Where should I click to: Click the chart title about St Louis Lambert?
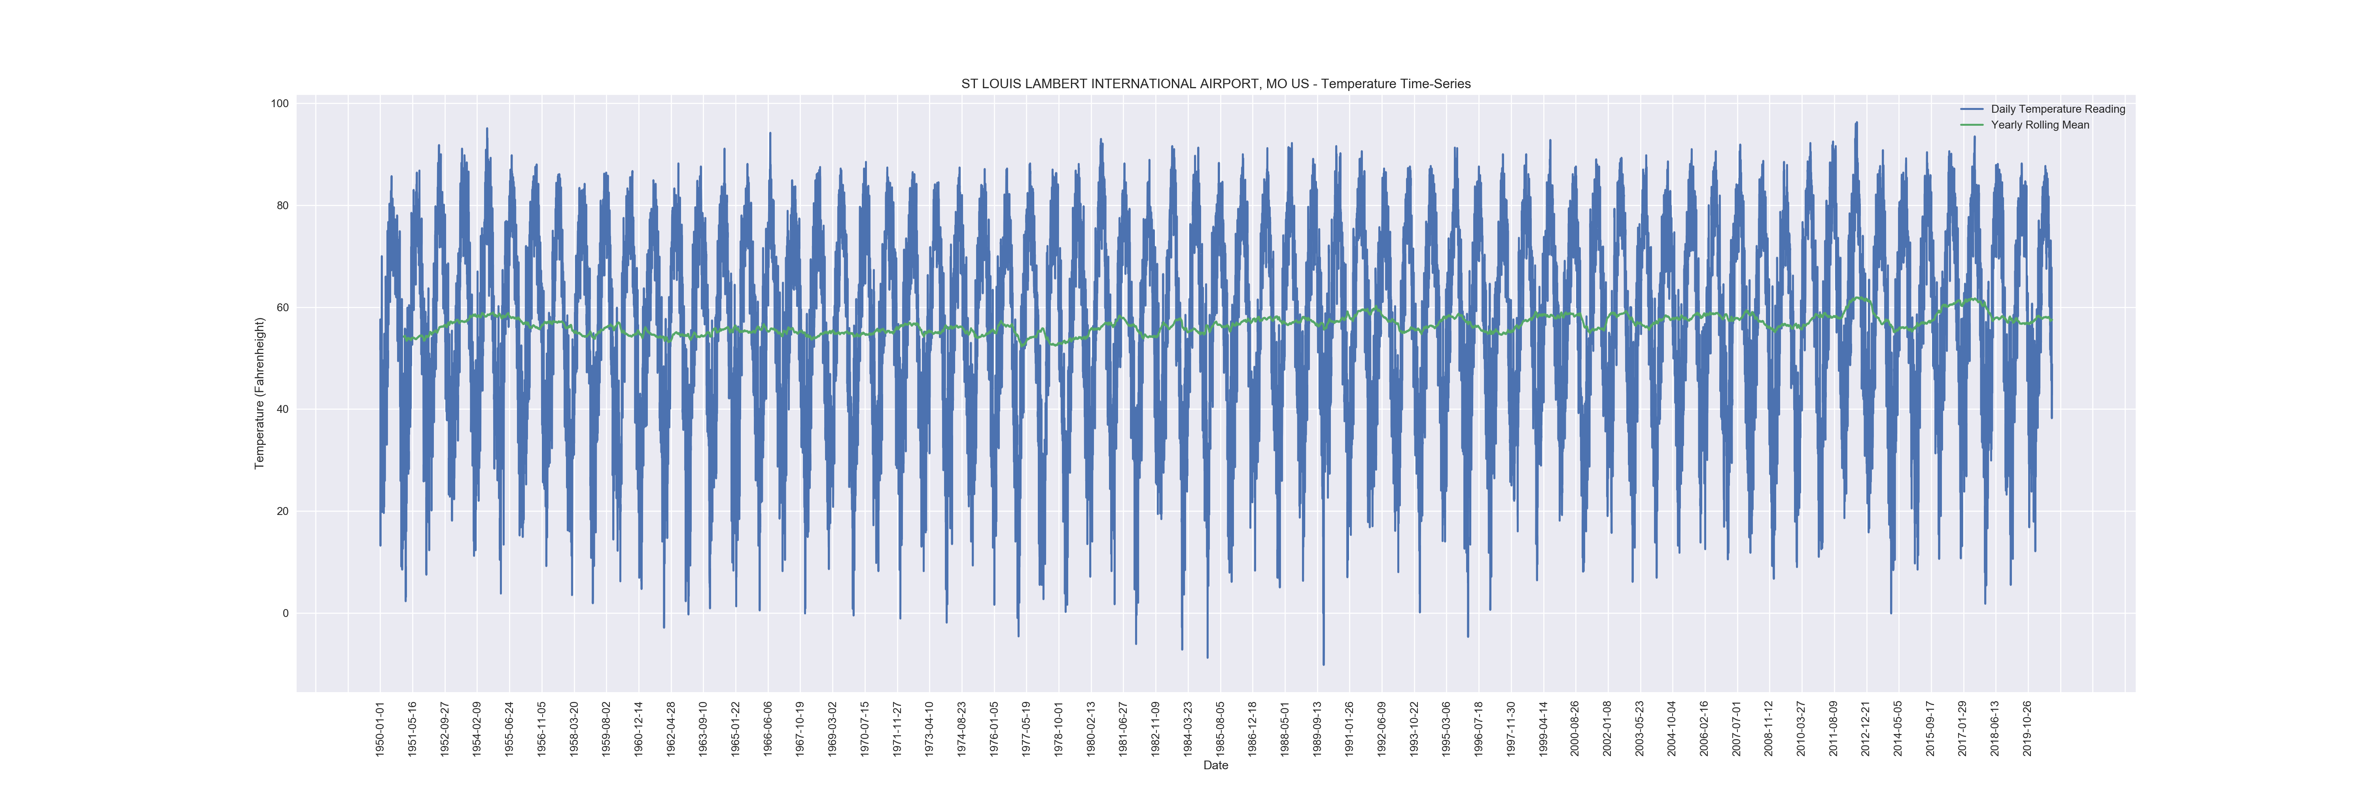[1215, 84]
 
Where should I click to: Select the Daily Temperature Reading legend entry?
[2057, 109]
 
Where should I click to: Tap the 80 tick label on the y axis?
[282, 205]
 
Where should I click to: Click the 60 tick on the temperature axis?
[282, 308]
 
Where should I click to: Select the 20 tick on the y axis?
[282, 511]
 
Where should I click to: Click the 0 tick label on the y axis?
[286, 613]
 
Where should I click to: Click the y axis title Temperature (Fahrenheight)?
[260, 393]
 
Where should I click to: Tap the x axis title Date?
[1215, 765]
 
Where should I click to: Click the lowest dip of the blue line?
[1324, 665]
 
